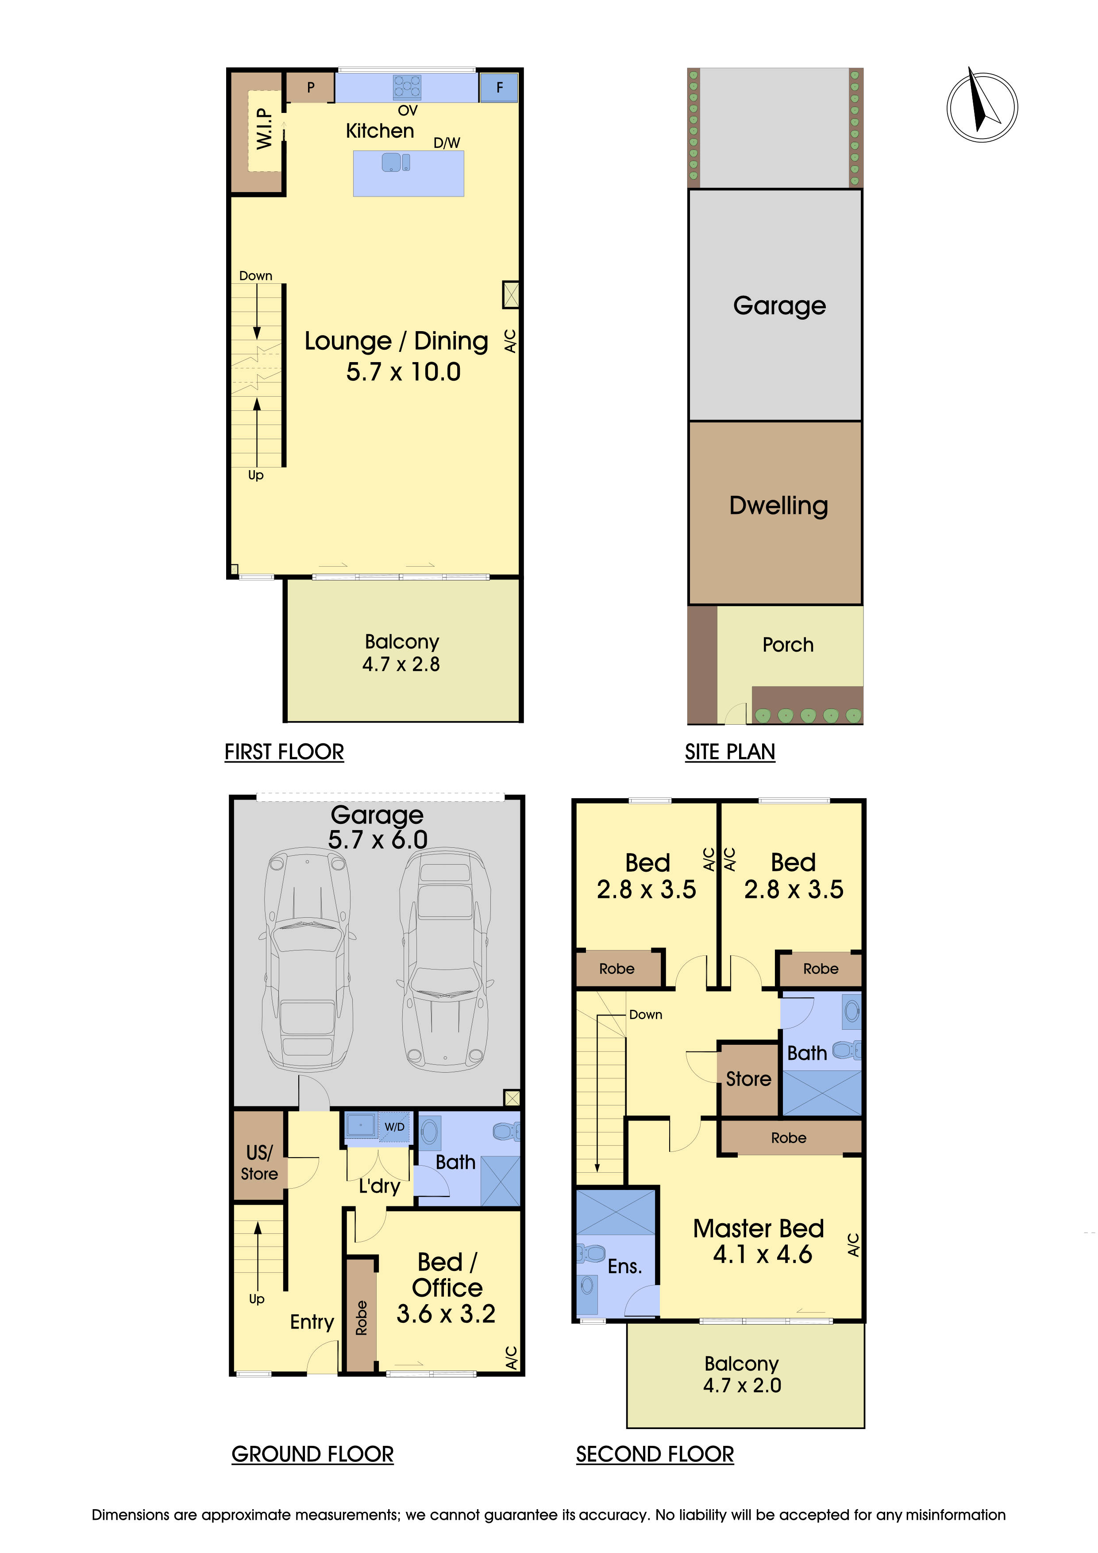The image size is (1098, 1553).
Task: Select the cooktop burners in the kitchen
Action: coord(407,87)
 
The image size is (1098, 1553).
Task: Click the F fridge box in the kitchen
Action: coord(499,87)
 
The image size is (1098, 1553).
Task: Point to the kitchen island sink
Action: coord(396,162)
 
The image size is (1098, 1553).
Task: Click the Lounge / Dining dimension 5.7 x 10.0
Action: coord(403,372)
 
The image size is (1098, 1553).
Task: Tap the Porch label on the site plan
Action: coord(788,645)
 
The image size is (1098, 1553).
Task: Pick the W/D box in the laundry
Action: coord(395,1127)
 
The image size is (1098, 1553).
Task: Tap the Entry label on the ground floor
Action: coord(312,1321)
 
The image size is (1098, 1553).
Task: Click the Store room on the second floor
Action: coord(748,1079)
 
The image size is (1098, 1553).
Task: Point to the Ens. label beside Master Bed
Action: coord(624,1266)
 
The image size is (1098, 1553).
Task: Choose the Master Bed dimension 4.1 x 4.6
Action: coord(762,1255)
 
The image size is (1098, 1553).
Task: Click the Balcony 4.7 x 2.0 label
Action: coord(742,1375)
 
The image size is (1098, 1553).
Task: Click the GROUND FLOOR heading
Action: coord(312,1454)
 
